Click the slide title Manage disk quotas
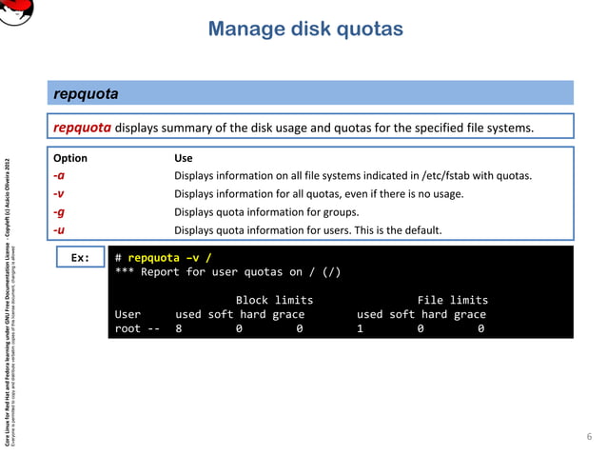point(305,30)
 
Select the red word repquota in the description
point(83,128)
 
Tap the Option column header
point(70,158)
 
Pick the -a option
point(59,176)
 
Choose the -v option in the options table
point(59,194)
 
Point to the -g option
point(59,212)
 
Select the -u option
point(59,230)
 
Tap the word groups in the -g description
point(340,212)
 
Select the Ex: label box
point(80,257)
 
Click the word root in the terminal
point(127,328)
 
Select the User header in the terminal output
point(127,314)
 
